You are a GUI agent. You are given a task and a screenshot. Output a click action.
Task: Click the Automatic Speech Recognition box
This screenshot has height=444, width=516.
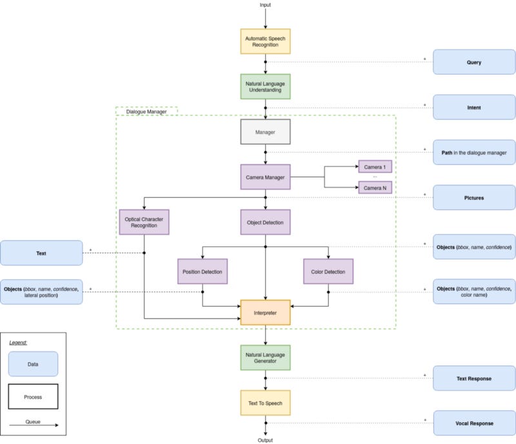[265, 41]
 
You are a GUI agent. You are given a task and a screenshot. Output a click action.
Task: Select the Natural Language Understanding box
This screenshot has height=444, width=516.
[265, 86]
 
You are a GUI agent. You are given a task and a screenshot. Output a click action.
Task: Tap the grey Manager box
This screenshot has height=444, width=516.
[265, 132]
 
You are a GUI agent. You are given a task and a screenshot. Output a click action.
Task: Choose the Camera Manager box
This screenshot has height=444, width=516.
[265, 177]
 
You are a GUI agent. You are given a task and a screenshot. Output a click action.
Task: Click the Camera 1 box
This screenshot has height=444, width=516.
[375, 167]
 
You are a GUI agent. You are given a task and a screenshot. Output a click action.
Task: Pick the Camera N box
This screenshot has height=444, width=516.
[375, 188]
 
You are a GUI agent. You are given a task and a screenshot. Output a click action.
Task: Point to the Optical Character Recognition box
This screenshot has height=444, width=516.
[144, 222]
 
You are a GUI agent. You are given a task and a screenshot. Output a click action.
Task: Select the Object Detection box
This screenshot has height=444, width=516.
[265, 222]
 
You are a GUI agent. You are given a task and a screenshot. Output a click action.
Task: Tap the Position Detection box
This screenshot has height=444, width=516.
[203, 271]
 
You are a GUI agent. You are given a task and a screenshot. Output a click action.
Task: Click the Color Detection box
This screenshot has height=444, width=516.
[328, 271]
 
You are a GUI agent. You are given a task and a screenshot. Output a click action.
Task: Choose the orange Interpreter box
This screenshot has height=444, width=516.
[265, 313]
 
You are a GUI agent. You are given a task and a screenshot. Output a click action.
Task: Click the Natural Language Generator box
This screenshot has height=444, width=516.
[265, 358]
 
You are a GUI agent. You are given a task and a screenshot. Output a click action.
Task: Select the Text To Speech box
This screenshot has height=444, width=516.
[265, 403]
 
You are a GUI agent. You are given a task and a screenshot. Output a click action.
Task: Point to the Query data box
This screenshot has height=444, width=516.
[474, 62]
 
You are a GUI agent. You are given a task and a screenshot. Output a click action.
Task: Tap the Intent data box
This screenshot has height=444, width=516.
[474, 107]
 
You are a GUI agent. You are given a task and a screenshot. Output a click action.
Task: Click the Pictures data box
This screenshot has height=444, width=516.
[474, 198]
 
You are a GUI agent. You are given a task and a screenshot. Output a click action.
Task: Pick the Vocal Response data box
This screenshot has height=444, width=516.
[474, 423]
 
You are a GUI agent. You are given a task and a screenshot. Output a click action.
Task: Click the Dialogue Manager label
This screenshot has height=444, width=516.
[146, 111]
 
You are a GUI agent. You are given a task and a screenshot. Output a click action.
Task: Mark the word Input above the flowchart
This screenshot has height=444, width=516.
[265, 5]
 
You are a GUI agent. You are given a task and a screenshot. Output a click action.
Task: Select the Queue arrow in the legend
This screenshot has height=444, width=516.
[34, 425]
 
